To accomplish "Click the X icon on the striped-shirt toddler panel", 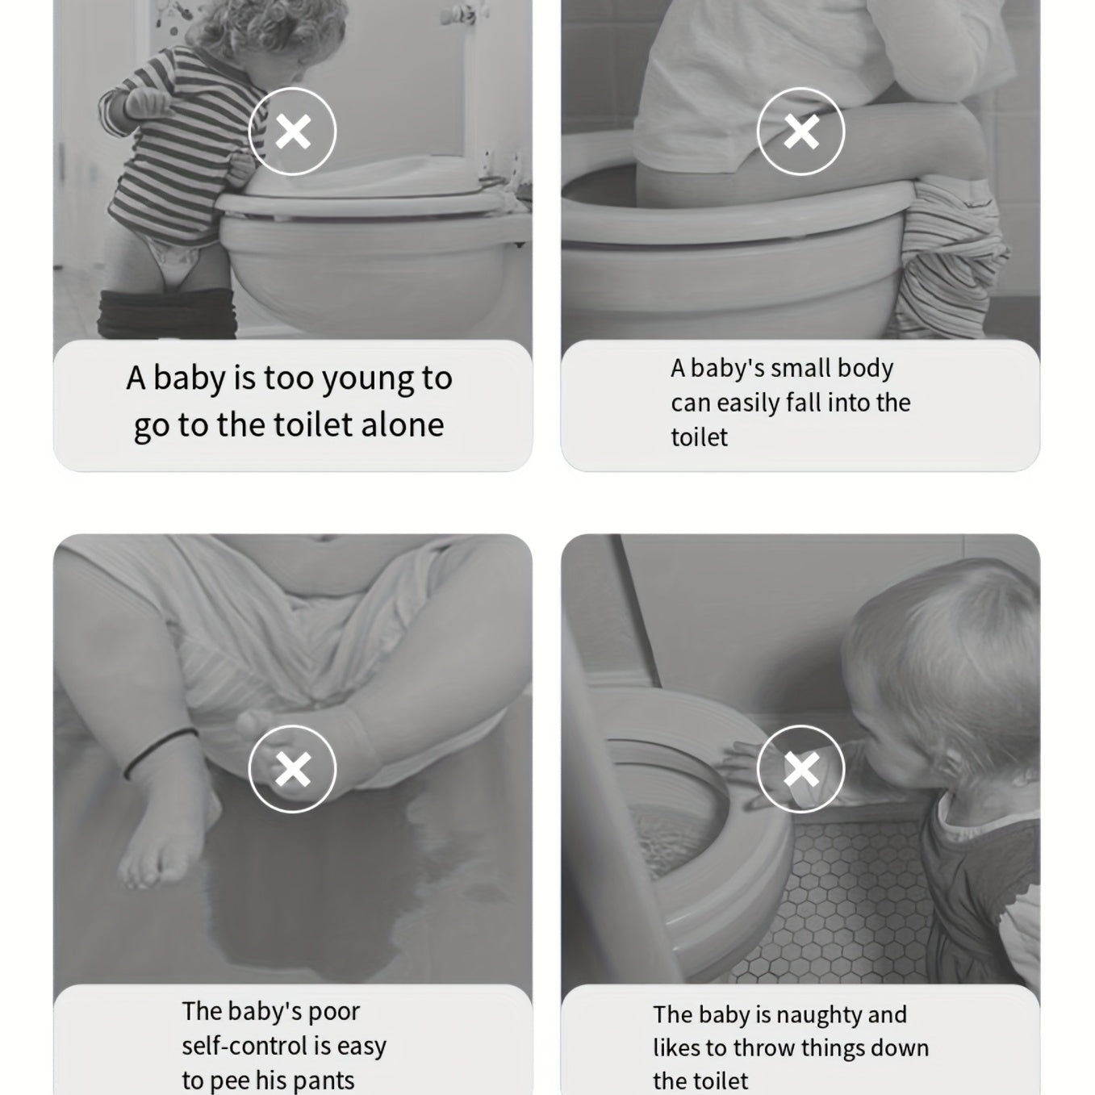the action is click(x=293, y=132).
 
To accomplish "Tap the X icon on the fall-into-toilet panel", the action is click(x=801, y=132).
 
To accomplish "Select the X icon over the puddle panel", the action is click(x=293, y=769).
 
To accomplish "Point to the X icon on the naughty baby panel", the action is click(x=801, y=769).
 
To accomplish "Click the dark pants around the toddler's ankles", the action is click(x=166, y=313).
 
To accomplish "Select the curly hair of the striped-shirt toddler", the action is click(x=267, y=28).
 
